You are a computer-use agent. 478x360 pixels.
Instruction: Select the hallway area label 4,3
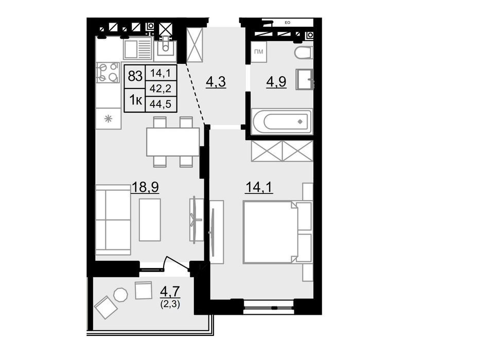pos(216,82)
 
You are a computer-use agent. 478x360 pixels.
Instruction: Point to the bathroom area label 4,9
pos(276,81)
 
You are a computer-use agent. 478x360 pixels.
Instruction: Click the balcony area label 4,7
pos(170,292)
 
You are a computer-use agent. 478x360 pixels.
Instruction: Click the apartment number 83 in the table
pos(135,76)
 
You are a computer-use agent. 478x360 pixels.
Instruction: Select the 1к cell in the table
pos(135,100)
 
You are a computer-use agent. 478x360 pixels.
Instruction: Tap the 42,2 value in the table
pos(161,88)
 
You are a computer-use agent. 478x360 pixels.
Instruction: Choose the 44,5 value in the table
pos(161,104)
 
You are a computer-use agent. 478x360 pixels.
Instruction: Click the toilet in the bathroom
pos(304,53)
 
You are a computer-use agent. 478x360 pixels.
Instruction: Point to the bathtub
pos(281,121)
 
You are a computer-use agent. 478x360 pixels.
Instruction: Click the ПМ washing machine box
pos(258,52)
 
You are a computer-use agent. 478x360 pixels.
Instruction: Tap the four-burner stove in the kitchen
pos(108,72)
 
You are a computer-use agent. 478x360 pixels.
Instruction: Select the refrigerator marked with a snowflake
pos(108,118)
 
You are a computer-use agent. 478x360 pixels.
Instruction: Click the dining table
pos(173,142)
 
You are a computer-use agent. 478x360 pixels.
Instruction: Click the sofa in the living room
pos(113,220)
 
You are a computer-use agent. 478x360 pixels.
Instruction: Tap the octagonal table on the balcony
pos(121,295)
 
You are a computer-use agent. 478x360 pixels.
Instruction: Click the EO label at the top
pos(287,23)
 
